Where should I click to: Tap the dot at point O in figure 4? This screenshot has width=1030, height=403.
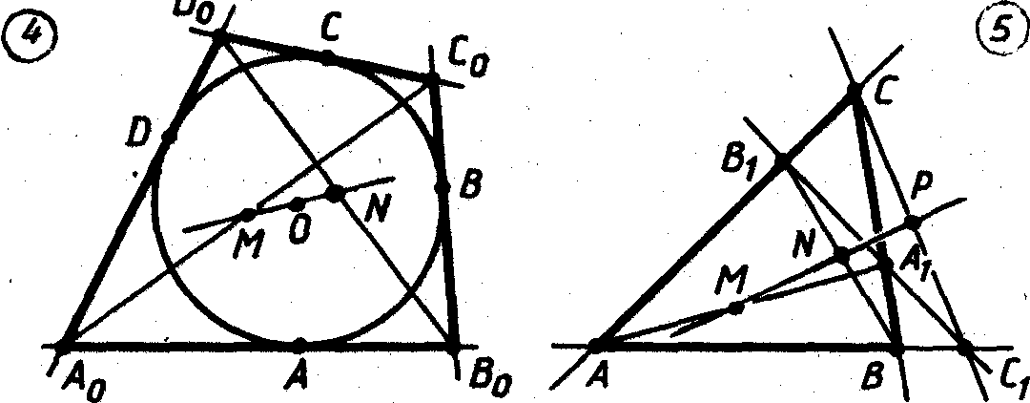[x=298, y=204]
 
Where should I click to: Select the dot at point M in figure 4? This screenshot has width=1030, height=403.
[x=248, y=214]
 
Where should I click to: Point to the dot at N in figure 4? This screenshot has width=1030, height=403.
[x=334, y=194]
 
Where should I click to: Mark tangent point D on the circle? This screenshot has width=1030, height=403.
[x=169, y=136]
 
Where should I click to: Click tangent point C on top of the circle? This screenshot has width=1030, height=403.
[x=327, y=58]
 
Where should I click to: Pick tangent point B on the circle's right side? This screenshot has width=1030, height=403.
[x=442, y=186]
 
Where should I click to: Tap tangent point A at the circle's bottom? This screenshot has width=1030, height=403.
[x=299, y=343]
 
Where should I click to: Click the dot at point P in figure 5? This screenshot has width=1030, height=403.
[x=913, y=223]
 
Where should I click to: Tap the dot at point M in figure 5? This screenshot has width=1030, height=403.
[x=735, y=308]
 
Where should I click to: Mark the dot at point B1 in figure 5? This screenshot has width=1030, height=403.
[x=781, y=161]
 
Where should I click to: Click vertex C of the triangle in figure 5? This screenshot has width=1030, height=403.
[x=855, y=93]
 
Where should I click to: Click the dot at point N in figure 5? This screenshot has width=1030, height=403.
[x=842, y=255]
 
